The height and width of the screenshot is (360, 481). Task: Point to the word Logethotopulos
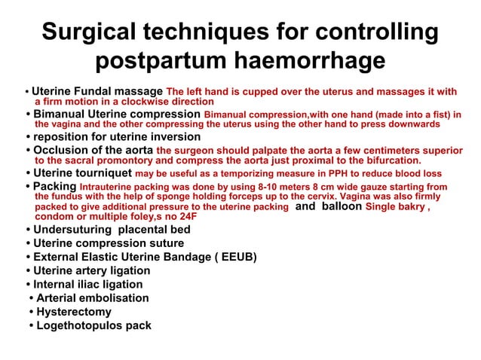(81, 325)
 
